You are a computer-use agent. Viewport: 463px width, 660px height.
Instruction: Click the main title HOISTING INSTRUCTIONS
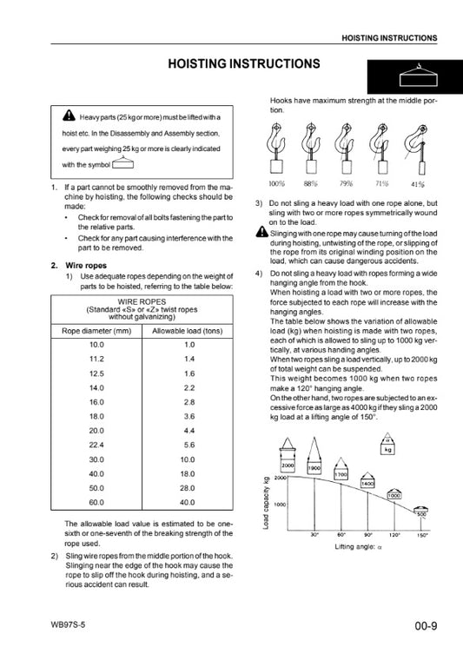244,63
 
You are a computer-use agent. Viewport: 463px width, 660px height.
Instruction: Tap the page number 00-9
426,626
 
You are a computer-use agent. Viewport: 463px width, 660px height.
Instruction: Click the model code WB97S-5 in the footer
68,624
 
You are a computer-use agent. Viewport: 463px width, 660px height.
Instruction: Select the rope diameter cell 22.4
96,445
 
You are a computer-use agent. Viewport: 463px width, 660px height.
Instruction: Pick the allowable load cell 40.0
188,502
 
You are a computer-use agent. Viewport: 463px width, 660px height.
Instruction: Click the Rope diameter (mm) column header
96,331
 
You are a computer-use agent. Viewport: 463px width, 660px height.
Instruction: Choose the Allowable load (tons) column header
188,331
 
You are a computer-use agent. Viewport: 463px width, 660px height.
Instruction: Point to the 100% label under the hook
276,183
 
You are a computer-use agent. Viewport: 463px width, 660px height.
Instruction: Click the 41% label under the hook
418,184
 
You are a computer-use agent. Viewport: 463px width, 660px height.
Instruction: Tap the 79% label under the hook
346,183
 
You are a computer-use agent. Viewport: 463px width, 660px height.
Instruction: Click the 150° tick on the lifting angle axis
422,536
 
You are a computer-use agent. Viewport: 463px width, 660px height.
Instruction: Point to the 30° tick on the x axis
314,536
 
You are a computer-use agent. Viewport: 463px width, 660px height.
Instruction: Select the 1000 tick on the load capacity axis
280,505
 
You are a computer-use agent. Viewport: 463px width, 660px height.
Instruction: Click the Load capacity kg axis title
266,503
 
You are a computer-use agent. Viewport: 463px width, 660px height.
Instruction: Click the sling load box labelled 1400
367,484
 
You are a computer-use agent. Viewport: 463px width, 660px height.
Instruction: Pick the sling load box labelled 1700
341,474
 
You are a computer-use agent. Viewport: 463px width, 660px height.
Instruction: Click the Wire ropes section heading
86,266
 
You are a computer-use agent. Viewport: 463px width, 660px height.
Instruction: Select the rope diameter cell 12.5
96,373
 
